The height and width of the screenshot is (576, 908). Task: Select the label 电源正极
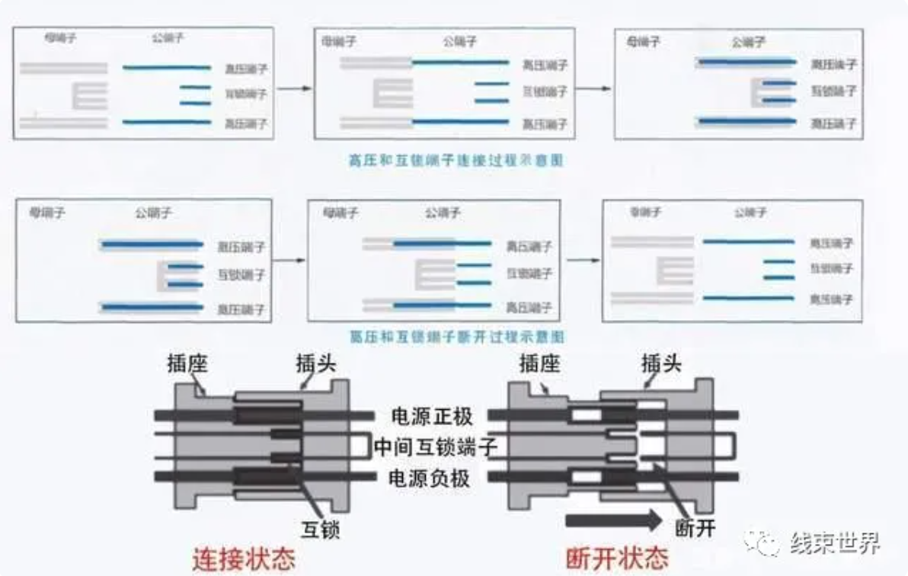click(x=431, y=417)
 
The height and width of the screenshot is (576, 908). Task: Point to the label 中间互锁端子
click(x=436, y=446)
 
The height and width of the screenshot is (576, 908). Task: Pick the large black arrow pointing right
click(x=615, y=521)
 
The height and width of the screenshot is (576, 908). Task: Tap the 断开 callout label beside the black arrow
click(x=695, y=527)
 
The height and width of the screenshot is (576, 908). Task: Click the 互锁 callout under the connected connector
click(x=319, y=530)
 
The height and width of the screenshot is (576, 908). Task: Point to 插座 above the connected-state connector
click(x=188, y=365)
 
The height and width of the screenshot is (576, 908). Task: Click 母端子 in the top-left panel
click(x=60, y=37)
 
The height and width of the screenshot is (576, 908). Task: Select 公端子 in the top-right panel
click(x=748, y=43)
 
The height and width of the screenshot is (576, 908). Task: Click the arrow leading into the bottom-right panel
click(x=583, y=260)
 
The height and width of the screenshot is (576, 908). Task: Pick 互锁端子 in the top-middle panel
click(x=544, y=91)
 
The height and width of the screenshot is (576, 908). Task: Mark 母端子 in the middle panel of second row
click(x=340, y=213)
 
